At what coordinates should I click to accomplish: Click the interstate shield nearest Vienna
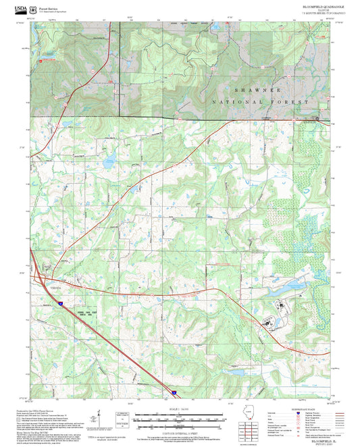59,305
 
